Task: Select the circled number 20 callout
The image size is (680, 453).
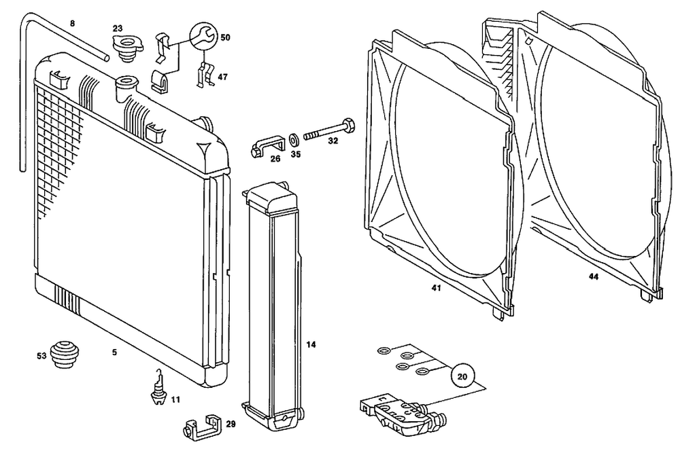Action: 463,375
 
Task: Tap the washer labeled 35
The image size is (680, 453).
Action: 293,140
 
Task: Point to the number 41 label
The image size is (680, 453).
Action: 436,288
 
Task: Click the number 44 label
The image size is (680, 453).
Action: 593,277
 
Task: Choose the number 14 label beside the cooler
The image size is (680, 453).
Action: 311,344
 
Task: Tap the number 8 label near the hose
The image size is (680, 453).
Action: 73,24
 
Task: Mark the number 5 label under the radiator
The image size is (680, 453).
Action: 114,352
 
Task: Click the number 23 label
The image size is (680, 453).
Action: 118,28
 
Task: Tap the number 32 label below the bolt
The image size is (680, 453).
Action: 333,142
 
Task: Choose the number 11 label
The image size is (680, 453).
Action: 175,399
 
